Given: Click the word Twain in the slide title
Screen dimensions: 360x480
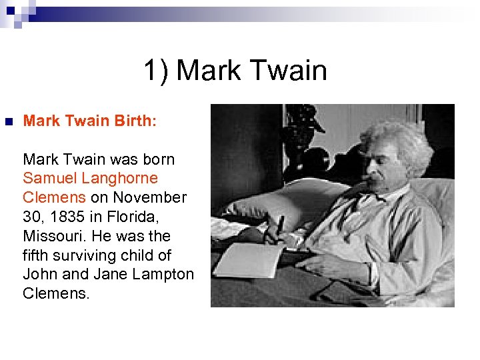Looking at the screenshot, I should point(289,71).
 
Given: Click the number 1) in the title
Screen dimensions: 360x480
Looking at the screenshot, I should point(157,71).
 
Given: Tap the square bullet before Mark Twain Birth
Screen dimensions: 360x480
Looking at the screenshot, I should point(9,122).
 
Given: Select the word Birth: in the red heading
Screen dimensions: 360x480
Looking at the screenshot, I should point(135,121).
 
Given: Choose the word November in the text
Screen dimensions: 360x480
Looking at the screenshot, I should point(150,198).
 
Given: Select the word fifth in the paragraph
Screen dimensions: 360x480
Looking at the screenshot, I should point(36,255).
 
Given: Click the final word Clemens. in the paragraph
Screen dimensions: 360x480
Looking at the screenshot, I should point(56,294).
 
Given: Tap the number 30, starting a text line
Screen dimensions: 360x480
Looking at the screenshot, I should point(33,217).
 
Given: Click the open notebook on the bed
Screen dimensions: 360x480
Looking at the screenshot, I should point(247,260).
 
